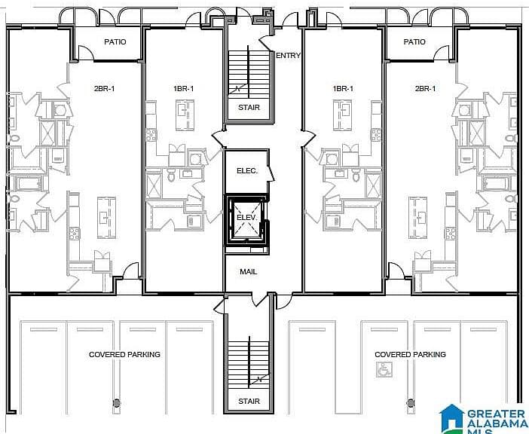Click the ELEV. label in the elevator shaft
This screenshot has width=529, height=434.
(x=246, y=218)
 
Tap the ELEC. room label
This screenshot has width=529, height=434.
(x=247, y=171)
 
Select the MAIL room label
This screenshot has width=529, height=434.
(x=249, y=271)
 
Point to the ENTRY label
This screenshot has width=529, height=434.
(x=288, y=56)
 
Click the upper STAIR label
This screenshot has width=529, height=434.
(x=249, y=108)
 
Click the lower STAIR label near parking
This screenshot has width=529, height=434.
(x=249, y=402)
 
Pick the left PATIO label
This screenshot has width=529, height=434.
(x=115, y=41)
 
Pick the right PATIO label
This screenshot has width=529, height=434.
(x=414, y=41)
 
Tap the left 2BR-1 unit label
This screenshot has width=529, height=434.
(x=105, y=89)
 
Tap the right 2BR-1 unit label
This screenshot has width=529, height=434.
(x=426, y=89)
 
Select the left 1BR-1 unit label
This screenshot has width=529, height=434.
(x=184, y=89)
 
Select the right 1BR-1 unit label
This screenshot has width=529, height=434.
(x=343, y=89)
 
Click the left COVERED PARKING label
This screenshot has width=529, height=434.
(x=124, y=354)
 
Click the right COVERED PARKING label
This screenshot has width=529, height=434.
(x=410, y=354)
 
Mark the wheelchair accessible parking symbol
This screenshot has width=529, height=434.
(x=384, y=370)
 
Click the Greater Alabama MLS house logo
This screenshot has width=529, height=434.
(x=451, y=418)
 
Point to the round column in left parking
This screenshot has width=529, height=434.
(x=117, y=402)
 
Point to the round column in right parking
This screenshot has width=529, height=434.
(x=411, y=402)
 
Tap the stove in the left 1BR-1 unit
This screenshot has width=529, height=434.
(x=151, y=135)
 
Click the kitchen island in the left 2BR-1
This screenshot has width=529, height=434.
(x=106, y=218)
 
